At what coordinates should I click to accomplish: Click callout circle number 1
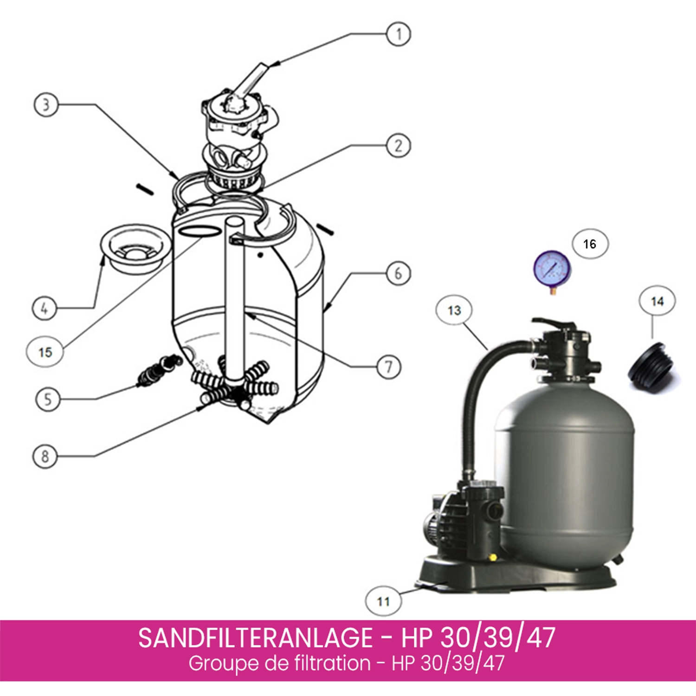pyautogui.click(x=398, y=34)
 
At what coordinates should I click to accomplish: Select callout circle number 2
pyautogui.click(x=398, y=146)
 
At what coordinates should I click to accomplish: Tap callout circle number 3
pyautogui.click(x=46, y=104)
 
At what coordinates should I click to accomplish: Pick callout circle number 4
pyautogui.click(x=45, y=308)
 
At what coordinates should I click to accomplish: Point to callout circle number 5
pyautogui.click(x=48, y=399)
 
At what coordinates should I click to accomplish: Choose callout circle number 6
pyautogui.click(x=398, y=273)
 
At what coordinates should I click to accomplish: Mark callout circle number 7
pyautogui.click(x=388, y=367)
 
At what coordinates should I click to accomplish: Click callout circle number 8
pyautogui.click(x=45, y=456)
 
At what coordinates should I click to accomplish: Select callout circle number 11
pyautogui.click(x=383, y=601)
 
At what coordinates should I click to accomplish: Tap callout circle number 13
pyautogui.click(x=454, y=310)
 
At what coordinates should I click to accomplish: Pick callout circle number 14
pyautogui.click(x=657, y=301)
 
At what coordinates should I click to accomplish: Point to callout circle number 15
pyautogui.click(x=45, y=352)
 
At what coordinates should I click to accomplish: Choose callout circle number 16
pyautogui.click(x=589, y=244)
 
